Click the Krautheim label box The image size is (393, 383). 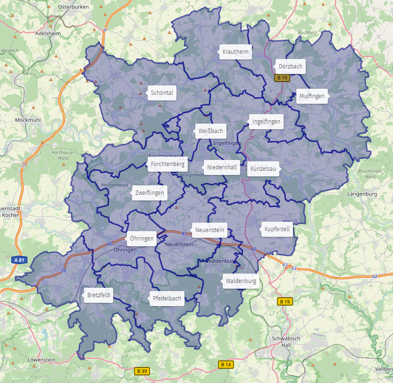235,52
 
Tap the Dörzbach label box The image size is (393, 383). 290,67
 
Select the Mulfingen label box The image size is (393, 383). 312,96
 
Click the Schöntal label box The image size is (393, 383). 162,93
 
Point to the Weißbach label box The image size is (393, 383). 210,131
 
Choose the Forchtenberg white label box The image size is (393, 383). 167,165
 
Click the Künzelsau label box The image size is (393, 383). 263,169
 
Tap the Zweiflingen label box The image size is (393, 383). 150,193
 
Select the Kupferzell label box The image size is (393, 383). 277,229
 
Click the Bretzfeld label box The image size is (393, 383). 99,296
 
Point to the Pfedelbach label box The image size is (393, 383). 167,299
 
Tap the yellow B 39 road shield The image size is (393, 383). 141,371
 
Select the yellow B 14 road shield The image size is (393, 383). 226,364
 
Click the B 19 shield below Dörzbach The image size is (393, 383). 282,78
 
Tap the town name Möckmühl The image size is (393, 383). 28,120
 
